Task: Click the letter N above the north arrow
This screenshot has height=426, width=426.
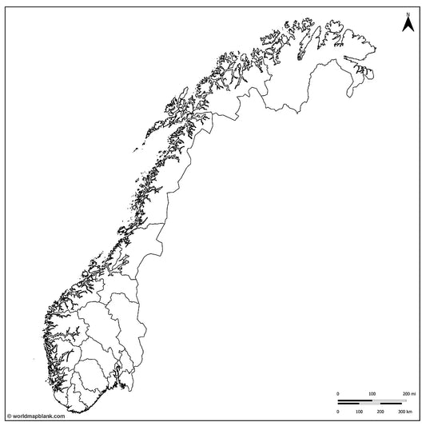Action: pyautogui.click(x=408, y=14)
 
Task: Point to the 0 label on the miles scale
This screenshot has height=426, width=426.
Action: pyautogui.click(x=337, y=395)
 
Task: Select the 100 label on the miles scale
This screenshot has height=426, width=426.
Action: pyautogui.click(x=372, y=395)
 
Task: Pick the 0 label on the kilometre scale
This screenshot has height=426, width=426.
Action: pyautogui.click(x=337, y=412)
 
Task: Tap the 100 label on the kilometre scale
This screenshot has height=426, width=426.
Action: pyautogui.click(x=359, y=412)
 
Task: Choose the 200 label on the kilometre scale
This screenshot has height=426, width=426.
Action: pyautogui.click(x=380, y=412)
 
